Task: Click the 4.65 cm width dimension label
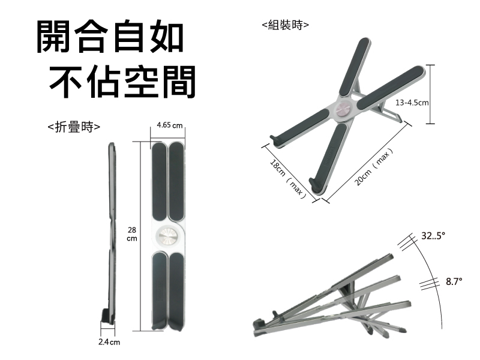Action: coord(169,125)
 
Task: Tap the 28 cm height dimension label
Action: coord(133,235)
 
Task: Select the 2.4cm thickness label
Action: coord(109,342)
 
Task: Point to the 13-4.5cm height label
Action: coord(412,103)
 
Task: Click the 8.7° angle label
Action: coord(454,281)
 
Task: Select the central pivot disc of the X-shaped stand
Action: coord(344,109)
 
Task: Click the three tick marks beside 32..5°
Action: coord(407,240)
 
